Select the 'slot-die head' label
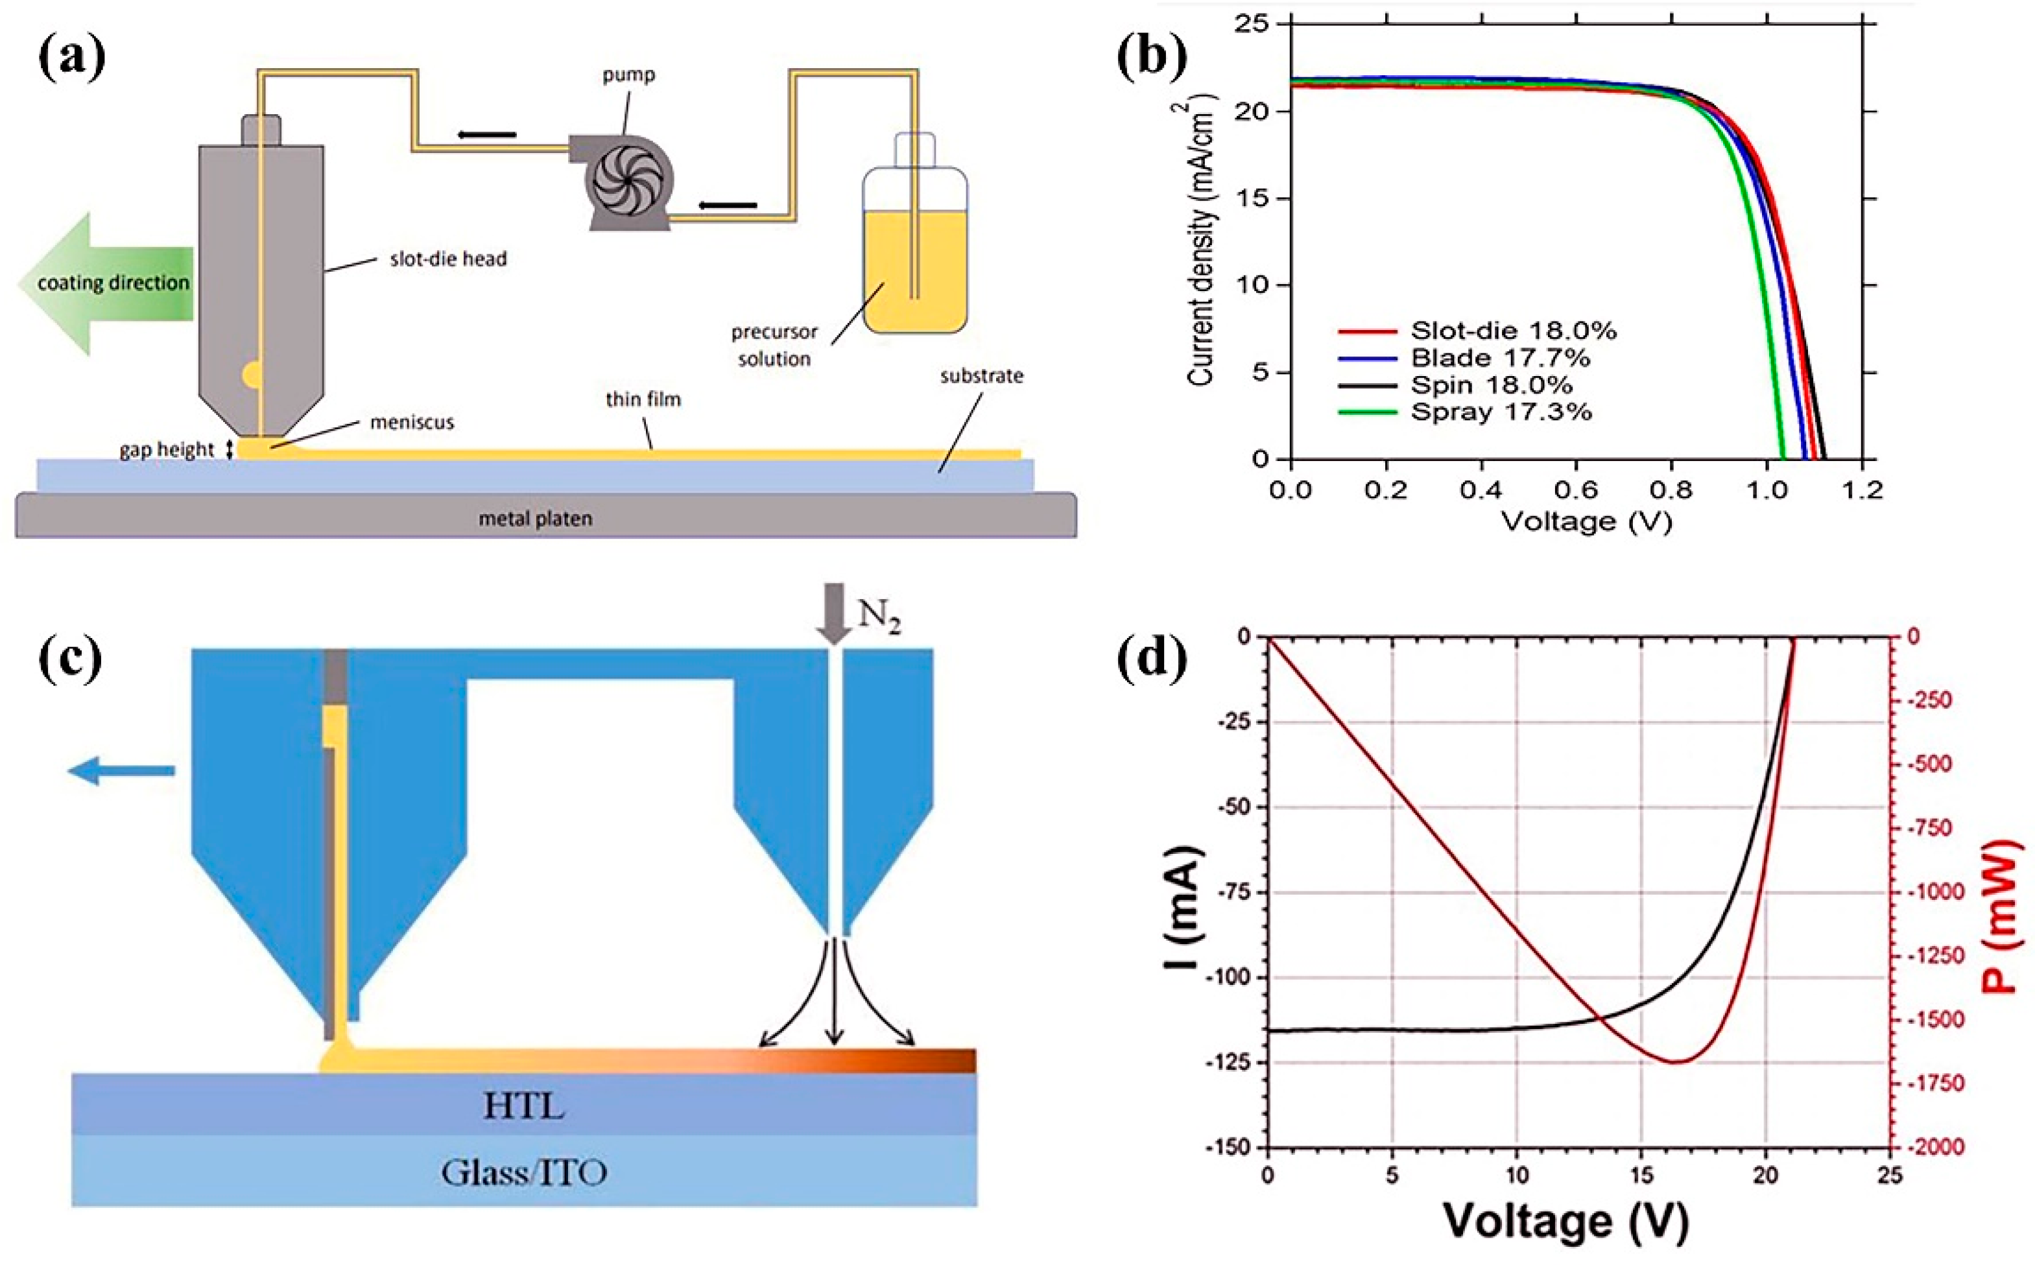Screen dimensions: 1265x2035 pos(447,259)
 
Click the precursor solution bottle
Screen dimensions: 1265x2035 pos(914,251)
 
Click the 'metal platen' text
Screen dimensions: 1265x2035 pos(536,519)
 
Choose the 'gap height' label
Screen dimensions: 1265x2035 pos(167,450)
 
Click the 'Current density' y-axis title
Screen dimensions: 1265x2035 pos(1201,242)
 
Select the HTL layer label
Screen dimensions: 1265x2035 pos(524,1107)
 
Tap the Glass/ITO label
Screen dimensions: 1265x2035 pos(524,1173)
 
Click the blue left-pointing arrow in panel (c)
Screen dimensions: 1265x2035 pos(121,770)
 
